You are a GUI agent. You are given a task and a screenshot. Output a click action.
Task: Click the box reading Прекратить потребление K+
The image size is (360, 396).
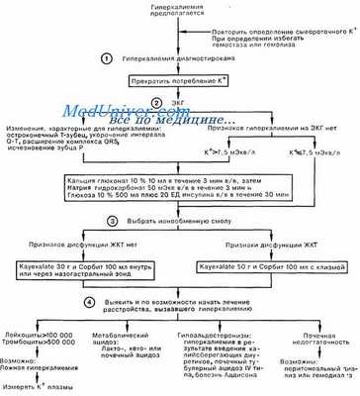[x=173, y=82]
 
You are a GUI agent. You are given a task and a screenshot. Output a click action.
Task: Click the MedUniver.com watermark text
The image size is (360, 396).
[x=120, y=115]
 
